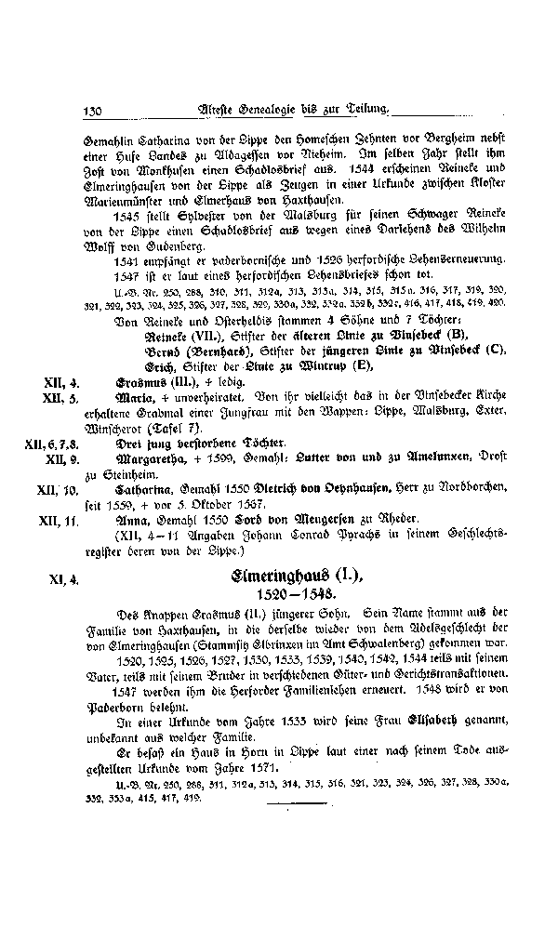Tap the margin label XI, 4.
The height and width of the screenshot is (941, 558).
[x=63, y=577]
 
